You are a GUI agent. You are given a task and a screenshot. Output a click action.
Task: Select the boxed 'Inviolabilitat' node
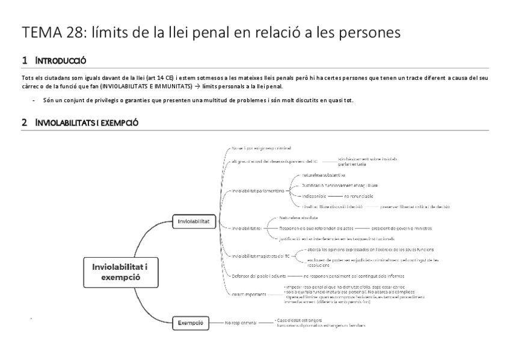pyautogui.click(x=193, y=221)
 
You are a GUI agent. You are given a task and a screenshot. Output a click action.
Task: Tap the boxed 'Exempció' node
pyautogui.click(x=191, y=323)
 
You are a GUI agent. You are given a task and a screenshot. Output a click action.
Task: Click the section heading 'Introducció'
pyautogui.click(x=61, y=61)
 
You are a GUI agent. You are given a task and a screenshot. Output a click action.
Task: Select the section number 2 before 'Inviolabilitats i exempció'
pyautogui.click(x=24, y=123)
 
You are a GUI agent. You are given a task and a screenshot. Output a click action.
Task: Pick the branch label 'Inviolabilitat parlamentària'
pyautogui.click(x=257, y=191)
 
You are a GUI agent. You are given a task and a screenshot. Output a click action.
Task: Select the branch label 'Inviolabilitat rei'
pyautogui.click(x=246, y=228)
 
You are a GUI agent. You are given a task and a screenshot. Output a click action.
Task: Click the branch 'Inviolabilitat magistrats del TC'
pyautogui.click(x=261, y=256)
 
